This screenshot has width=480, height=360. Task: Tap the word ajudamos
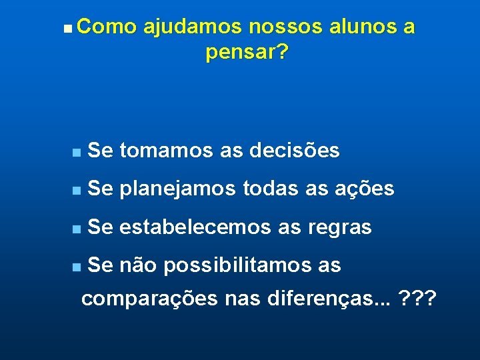[x=194, y=27]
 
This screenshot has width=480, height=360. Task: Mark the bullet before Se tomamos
[x=77, y=153]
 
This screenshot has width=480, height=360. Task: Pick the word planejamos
[x=179, y=190]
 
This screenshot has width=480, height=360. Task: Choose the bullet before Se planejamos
[x=77, y=191]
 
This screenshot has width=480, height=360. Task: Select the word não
[x=138, y=265]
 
